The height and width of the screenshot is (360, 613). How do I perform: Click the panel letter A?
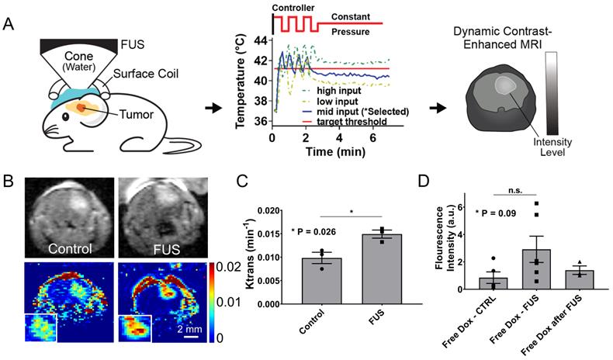pos(10,24)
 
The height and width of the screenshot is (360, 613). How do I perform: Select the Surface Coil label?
pos(145,75)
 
